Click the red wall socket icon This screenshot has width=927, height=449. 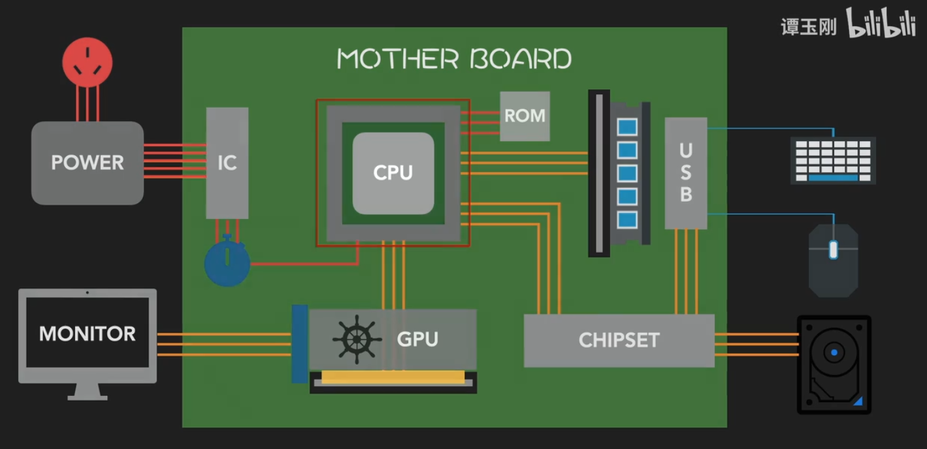pyautogui.click(x=88, y=63)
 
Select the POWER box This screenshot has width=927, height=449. pyautogui.click(x=88, y=163)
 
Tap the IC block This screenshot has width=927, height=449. pyautogui.click(x=227, y=163)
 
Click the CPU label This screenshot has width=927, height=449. pyautogui.click(x=393, y=173)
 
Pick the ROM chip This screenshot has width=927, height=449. pyautogui.click(x=525, y=116)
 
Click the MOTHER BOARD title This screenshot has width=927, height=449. pyautogui.click(x=454, y=59)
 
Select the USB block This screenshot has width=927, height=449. pyautogui.click(x=686, y=173)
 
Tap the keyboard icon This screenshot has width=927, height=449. pyautogui.click(x=833, y=160)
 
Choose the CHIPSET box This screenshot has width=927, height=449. pyautogui.click(x=619, y=341)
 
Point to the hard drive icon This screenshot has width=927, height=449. pyautogui.click(x=834, y=365)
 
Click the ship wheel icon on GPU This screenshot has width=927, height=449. pyautogui.click(x=357, y=339)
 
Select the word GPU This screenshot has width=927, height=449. pyautogui.click(x=417, y=339)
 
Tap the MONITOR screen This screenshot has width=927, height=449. pyautogui.click(x=88, y=333)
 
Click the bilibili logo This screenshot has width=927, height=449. pyautogui.click(x=881, y=25)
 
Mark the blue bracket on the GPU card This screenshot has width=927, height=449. pyautogui.click(x=300, y=344)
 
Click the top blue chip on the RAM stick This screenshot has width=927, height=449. pyautogui.click(x=627, y=127)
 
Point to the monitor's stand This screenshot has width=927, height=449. pyautogui.click(x=88, y=391)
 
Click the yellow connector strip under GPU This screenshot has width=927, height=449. pyautogui.click(x=393, y=376)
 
